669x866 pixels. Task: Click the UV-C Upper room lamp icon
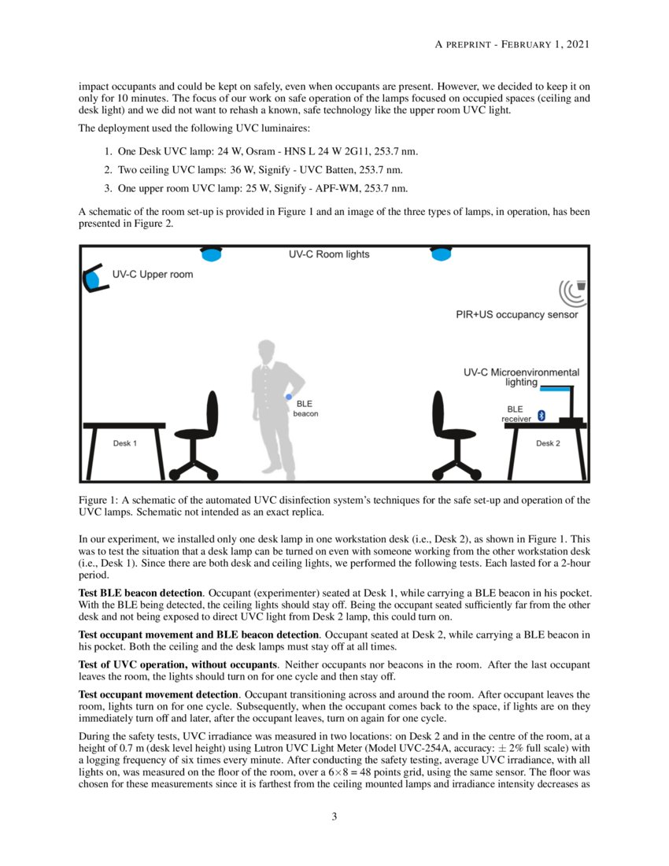coord(94,278)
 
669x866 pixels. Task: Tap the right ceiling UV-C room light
coord(441,253)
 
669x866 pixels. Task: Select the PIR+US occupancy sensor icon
coord(573,291)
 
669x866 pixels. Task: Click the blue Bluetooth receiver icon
coord(541,415)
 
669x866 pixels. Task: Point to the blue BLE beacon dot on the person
coord(289,397)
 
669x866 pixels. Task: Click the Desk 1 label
coord(124,443)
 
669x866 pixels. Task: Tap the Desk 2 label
coord(548,443)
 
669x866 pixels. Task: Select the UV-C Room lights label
coord(328,255)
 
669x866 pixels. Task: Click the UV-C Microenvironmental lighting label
coord(521,376)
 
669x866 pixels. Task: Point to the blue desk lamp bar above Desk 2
coord(556,388)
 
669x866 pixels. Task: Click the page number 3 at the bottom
coord(334,816)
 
